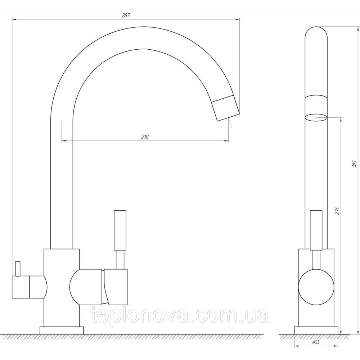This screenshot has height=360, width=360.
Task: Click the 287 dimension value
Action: [126, 15]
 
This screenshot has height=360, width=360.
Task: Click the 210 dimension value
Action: [145, 137]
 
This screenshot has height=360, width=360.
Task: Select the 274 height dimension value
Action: [337, 211]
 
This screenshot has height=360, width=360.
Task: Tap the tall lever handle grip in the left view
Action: [120, 230]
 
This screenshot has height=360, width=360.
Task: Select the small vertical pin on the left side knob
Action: [18, 269]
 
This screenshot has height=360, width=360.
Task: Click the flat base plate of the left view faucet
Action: [62, 330]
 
